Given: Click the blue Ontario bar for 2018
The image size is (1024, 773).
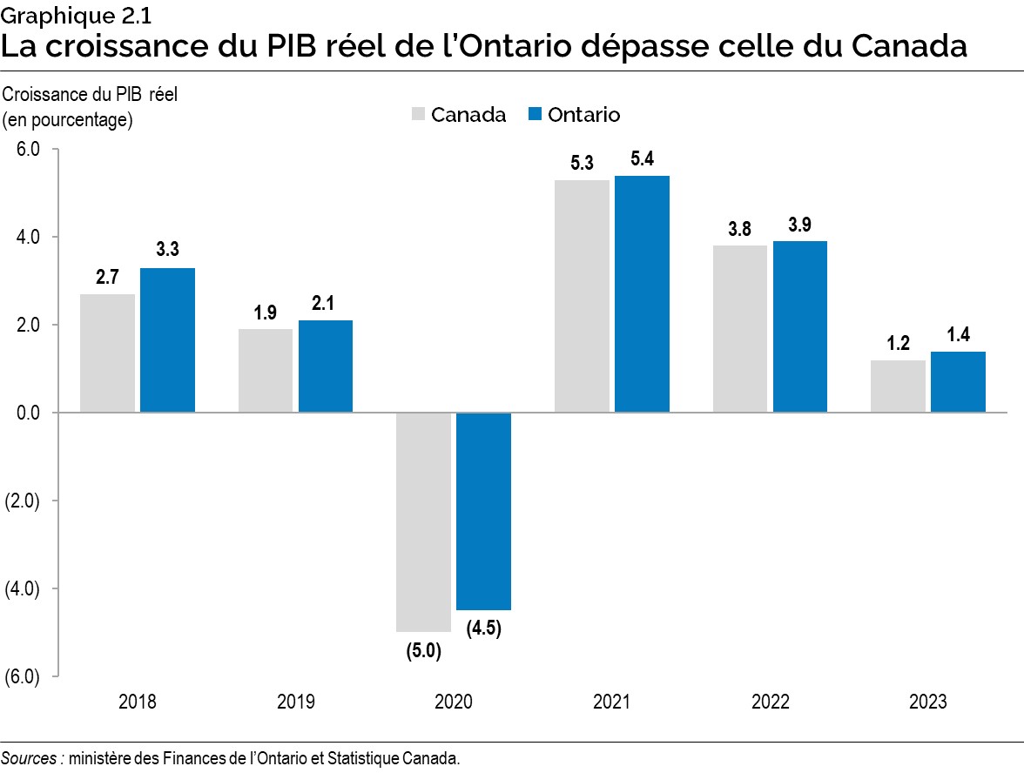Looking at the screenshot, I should pyautogui.click(x=167, y=339).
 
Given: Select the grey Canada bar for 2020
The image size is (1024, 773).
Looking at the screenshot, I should pyautogui.click(x=423, y=521).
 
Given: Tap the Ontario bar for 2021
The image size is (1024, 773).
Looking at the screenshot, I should pyautogui.click(x=642, y=293).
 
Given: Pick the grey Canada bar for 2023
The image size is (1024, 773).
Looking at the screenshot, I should pyautogui.click(x=898, y=386).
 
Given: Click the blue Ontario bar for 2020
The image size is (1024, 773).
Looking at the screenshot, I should pyautogui.click(x=483, y=511).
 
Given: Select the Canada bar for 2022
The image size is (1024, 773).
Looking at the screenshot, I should pyautogui.click(x=739, y=328).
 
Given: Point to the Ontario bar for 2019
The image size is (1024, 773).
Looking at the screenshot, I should pyautogui.click(x=326, y=366).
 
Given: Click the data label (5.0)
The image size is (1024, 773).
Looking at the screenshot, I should pyautogui.click(x=423, y=650).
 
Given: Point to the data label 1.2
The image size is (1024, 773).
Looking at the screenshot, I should pyautogui.click(x=898, y=343).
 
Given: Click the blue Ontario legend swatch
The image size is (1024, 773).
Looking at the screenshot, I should pyautogui.click(x=535, y=115).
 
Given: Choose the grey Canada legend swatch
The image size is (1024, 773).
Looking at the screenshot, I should pyautogui.click(x=418, y=115).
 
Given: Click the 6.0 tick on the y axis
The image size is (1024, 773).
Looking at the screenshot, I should pyautogui.click(x=29, y=150).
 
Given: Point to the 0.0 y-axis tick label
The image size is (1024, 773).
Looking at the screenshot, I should pyautogui.click(x=29, y=413).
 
